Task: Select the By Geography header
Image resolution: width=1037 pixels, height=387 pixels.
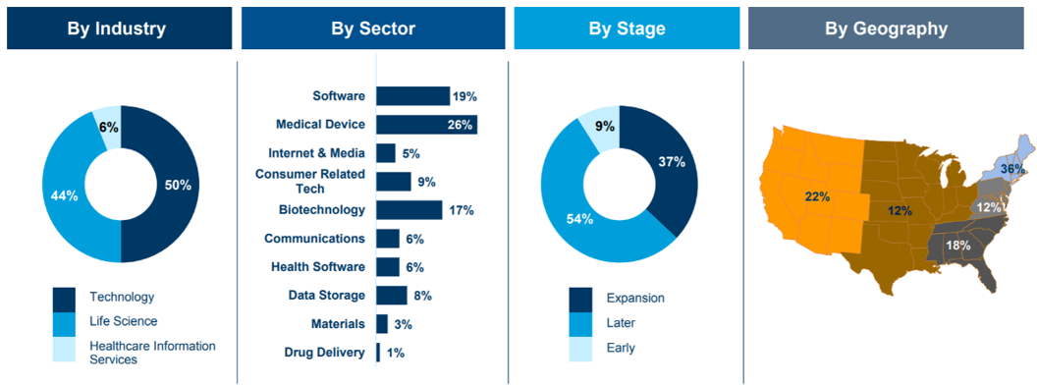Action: coord(886,28)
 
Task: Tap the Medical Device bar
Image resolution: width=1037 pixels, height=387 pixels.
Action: coord(426,125)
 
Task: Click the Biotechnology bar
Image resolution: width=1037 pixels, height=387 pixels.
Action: coord(409,210)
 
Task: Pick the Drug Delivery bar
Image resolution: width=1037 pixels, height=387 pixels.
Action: coord(378,353)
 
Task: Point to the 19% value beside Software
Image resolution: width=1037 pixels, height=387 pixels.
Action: coord(464,96)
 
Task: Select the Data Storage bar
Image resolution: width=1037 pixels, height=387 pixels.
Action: coord(392,295)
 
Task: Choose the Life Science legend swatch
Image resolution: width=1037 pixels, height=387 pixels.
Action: coord(65,321)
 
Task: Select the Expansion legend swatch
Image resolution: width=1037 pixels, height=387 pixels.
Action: coord(580,299)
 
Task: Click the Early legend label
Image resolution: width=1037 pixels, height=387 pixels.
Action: coord(621,348)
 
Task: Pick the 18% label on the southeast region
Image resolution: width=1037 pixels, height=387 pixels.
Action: coord(957,246)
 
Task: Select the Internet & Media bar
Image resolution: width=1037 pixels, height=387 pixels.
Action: coord(386,153)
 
